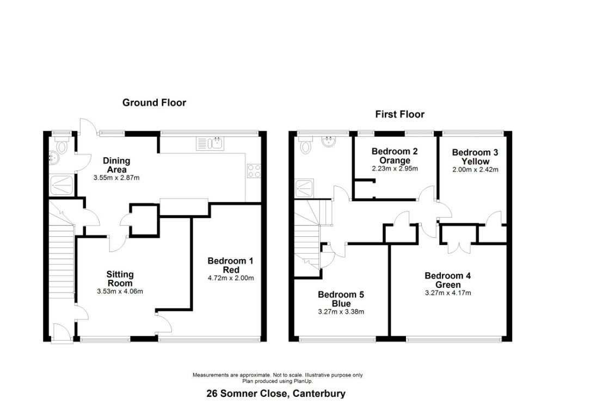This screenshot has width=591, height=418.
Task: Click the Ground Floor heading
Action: (154, 102)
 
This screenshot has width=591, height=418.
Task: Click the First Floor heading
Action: (399, 114)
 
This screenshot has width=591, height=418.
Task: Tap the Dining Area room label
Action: (116, 165)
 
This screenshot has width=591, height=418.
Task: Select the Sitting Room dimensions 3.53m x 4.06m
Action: (120, 291)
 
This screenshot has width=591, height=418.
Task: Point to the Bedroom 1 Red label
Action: (231, 265)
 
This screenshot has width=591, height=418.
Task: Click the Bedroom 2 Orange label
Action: (395, 156)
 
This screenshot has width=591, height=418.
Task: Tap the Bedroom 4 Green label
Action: (448, 280)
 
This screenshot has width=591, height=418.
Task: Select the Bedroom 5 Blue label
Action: (341, 299)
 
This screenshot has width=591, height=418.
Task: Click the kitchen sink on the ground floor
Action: (210, 143)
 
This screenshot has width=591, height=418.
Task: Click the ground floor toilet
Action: (61, 146)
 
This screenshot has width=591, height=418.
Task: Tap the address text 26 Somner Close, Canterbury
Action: (276, 394)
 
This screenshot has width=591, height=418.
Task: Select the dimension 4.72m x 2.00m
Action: (231, 278)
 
